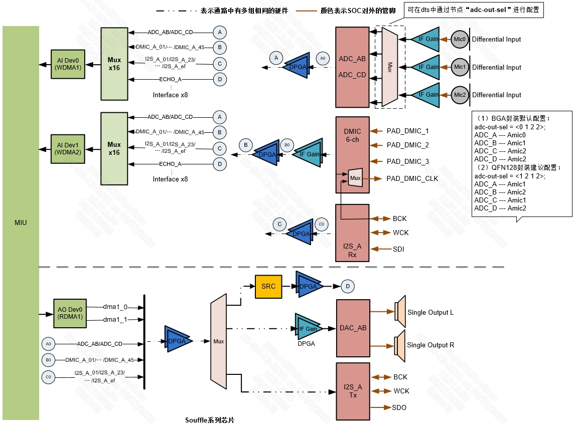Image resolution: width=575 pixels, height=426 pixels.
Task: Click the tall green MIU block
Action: [x=21, y=223]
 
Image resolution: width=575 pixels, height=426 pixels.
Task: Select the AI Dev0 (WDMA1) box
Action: [x=68, y=64]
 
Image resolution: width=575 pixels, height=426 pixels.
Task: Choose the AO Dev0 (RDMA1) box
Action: [x=70, y=313]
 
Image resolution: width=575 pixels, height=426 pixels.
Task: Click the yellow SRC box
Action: [x=268, y=286]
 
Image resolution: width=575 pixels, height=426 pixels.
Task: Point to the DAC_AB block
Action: [x=353, y=328]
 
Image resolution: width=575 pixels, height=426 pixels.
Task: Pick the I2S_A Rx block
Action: [x=352, y=233]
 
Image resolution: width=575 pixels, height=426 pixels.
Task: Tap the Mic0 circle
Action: [x=460, y=39]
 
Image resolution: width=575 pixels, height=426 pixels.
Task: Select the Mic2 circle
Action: [x=460, y=95]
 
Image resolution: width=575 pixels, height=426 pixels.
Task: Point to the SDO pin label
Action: [x=399, y=407]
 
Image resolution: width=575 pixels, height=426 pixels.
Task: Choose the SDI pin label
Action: [x=398, y=249]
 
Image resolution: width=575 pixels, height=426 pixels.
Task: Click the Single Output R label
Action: [x=430, y=345]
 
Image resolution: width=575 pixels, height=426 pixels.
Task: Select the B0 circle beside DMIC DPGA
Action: [x=287, y=145]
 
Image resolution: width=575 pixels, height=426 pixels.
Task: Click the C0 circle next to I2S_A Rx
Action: [x=321, y=224]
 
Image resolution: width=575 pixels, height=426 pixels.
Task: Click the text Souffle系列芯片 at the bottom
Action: [x=209, y=419]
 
